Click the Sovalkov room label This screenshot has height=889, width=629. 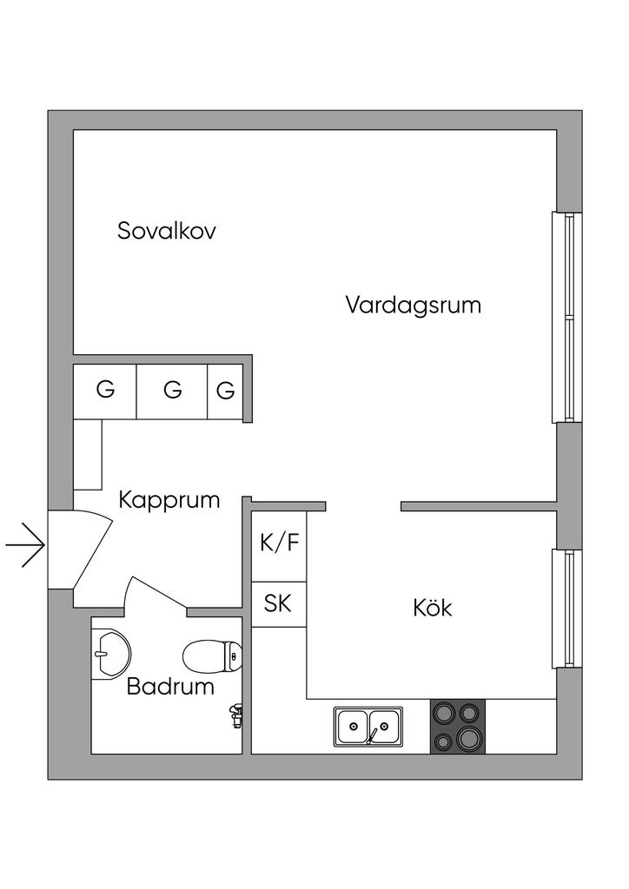pos(166,231)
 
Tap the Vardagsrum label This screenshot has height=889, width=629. pos(414,305)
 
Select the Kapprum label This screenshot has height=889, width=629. pos(169,501)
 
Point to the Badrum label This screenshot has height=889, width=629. pos(170,686)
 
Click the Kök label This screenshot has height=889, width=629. pos(432,608)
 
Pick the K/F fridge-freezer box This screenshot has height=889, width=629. pos(279,547)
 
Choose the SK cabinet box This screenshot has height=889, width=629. pos(279,604)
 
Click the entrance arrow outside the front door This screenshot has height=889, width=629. pos(25,545)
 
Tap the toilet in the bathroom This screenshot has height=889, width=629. pos(212,656)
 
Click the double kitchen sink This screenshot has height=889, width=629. pos(368,726)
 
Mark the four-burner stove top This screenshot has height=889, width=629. pos(458,727)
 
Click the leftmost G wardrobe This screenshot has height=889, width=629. pos(105,392)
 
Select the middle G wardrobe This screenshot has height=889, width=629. pos(172,392)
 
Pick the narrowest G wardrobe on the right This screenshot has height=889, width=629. pos(225,392)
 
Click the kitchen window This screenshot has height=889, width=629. pos(567,609)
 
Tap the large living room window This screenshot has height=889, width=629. pos(567,318)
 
